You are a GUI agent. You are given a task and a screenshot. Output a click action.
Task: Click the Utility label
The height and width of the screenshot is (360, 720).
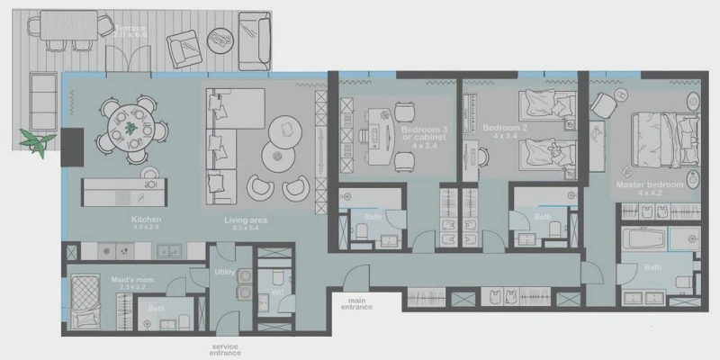point(224,272)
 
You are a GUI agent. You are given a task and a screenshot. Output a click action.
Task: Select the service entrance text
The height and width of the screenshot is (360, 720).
point(224,350)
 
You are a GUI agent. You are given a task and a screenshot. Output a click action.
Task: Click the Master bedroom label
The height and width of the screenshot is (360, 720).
point(650,187)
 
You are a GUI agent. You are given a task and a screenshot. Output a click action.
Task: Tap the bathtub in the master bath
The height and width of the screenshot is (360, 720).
point(643,242)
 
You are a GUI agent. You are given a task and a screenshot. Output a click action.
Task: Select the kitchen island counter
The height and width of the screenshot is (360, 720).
point(122,191)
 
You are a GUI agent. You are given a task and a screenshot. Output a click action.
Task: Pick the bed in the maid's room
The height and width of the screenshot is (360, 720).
point(87,298)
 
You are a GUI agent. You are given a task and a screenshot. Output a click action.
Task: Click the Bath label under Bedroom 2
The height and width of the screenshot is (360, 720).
point(542,217)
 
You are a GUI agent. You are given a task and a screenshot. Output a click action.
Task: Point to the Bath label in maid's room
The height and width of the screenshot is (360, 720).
point(155,309)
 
